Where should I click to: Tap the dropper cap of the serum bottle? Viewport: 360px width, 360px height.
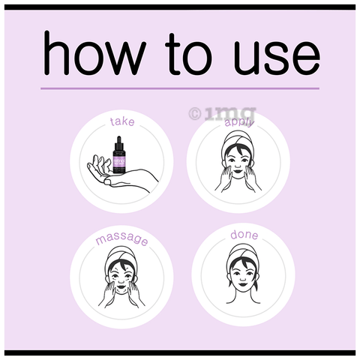(x=118, y=140)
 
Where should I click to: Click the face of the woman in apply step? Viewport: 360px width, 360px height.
(x=240, y=160)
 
